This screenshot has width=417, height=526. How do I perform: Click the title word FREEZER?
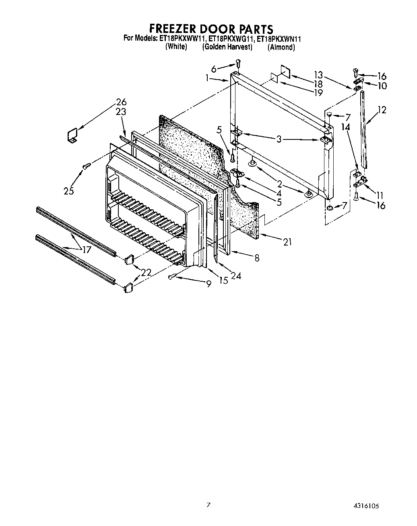[175, 29]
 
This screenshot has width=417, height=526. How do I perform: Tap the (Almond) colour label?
[281, 47]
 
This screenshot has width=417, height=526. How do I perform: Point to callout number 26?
[121, 102]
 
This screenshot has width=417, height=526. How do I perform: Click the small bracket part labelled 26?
[72, 135]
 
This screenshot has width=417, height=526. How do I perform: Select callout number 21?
[287, 242]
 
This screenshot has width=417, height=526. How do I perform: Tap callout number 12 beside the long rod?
[382, 109]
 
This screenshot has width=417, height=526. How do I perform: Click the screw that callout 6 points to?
[238, 63]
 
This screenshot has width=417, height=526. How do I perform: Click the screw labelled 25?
[86, 166]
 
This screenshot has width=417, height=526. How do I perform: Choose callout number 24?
[236, 276]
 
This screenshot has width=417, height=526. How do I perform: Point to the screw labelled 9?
[172, 276]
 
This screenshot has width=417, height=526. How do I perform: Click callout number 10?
[382, 86]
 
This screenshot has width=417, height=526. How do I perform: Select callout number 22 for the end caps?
[146, 272]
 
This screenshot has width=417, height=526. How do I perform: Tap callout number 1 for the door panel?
[207, 78]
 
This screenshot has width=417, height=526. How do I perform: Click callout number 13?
[318, 74]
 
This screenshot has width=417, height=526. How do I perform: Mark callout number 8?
[256, 258]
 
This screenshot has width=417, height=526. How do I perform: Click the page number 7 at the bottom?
[208, 505]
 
